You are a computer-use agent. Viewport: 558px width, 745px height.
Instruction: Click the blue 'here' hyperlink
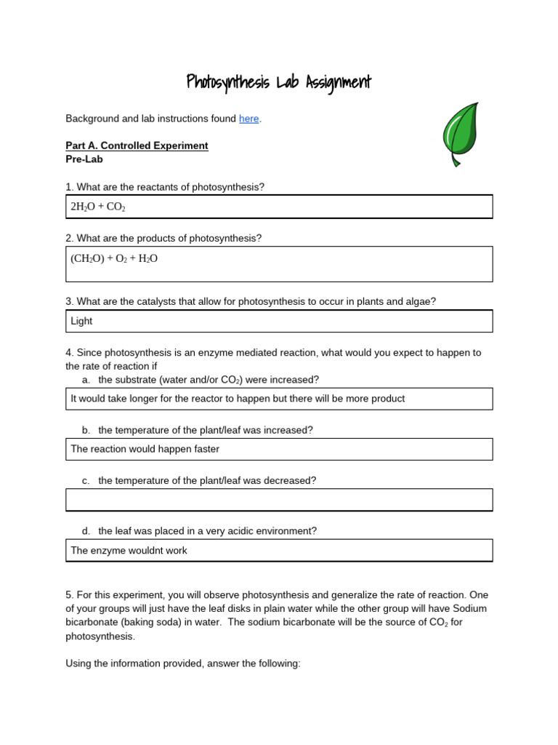click(248, 119)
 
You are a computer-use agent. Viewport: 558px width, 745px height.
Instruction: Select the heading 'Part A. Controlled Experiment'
click(137, 146)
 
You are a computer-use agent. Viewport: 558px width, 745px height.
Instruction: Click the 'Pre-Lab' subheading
click(84, 159)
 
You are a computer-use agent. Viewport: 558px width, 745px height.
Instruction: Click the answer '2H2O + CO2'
click(98, 207)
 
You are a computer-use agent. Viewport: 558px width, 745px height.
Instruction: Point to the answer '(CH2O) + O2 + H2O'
click(114, 258)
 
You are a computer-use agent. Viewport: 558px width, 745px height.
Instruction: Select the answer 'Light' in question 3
click(81, 321)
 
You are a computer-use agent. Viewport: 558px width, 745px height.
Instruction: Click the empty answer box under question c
click(279, 500)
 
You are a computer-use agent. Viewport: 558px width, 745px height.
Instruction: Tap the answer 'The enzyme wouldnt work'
click(129, 551)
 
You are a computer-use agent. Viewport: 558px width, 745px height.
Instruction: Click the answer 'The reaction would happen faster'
click(145, 449)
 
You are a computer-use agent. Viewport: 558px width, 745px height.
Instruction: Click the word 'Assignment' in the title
click(333, 82)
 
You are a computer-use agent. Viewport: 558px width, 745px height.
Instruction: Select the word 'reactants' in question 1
click(153, 187)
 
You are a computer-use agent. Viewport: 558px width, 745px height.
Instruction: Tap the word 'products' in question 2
click(152, 238)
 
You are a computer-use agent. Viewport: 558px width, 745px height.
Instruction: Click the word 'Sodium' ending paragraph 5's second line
click(469, 608)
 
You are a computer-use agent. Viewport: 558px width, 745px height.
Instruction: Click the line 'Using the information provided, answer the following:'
click(182, 664)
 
